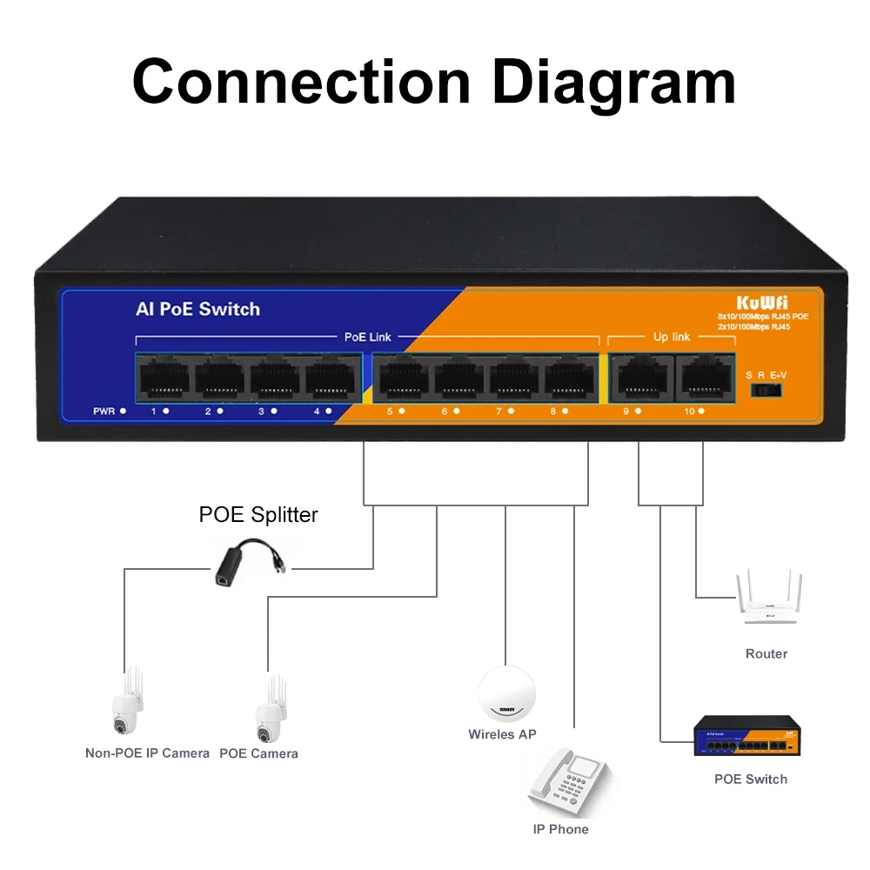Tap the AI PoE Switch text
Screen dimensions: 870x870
[x=197, y=309]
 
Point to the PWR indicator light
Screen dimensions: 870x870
[x=124, y=410]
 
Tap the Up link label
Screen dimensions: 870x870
[x=671, y=336]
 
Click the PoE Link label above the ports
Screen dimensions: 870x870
[x=368, y=336]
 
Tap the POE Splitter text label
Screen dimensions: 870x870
[x=258, y=514]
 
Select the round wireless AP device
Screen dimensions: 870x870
[x=506, y=693]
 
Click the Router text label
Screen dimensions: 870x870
[x=766, y=653]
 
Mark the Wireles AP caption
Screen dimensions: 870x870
[x=502, y=734]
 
